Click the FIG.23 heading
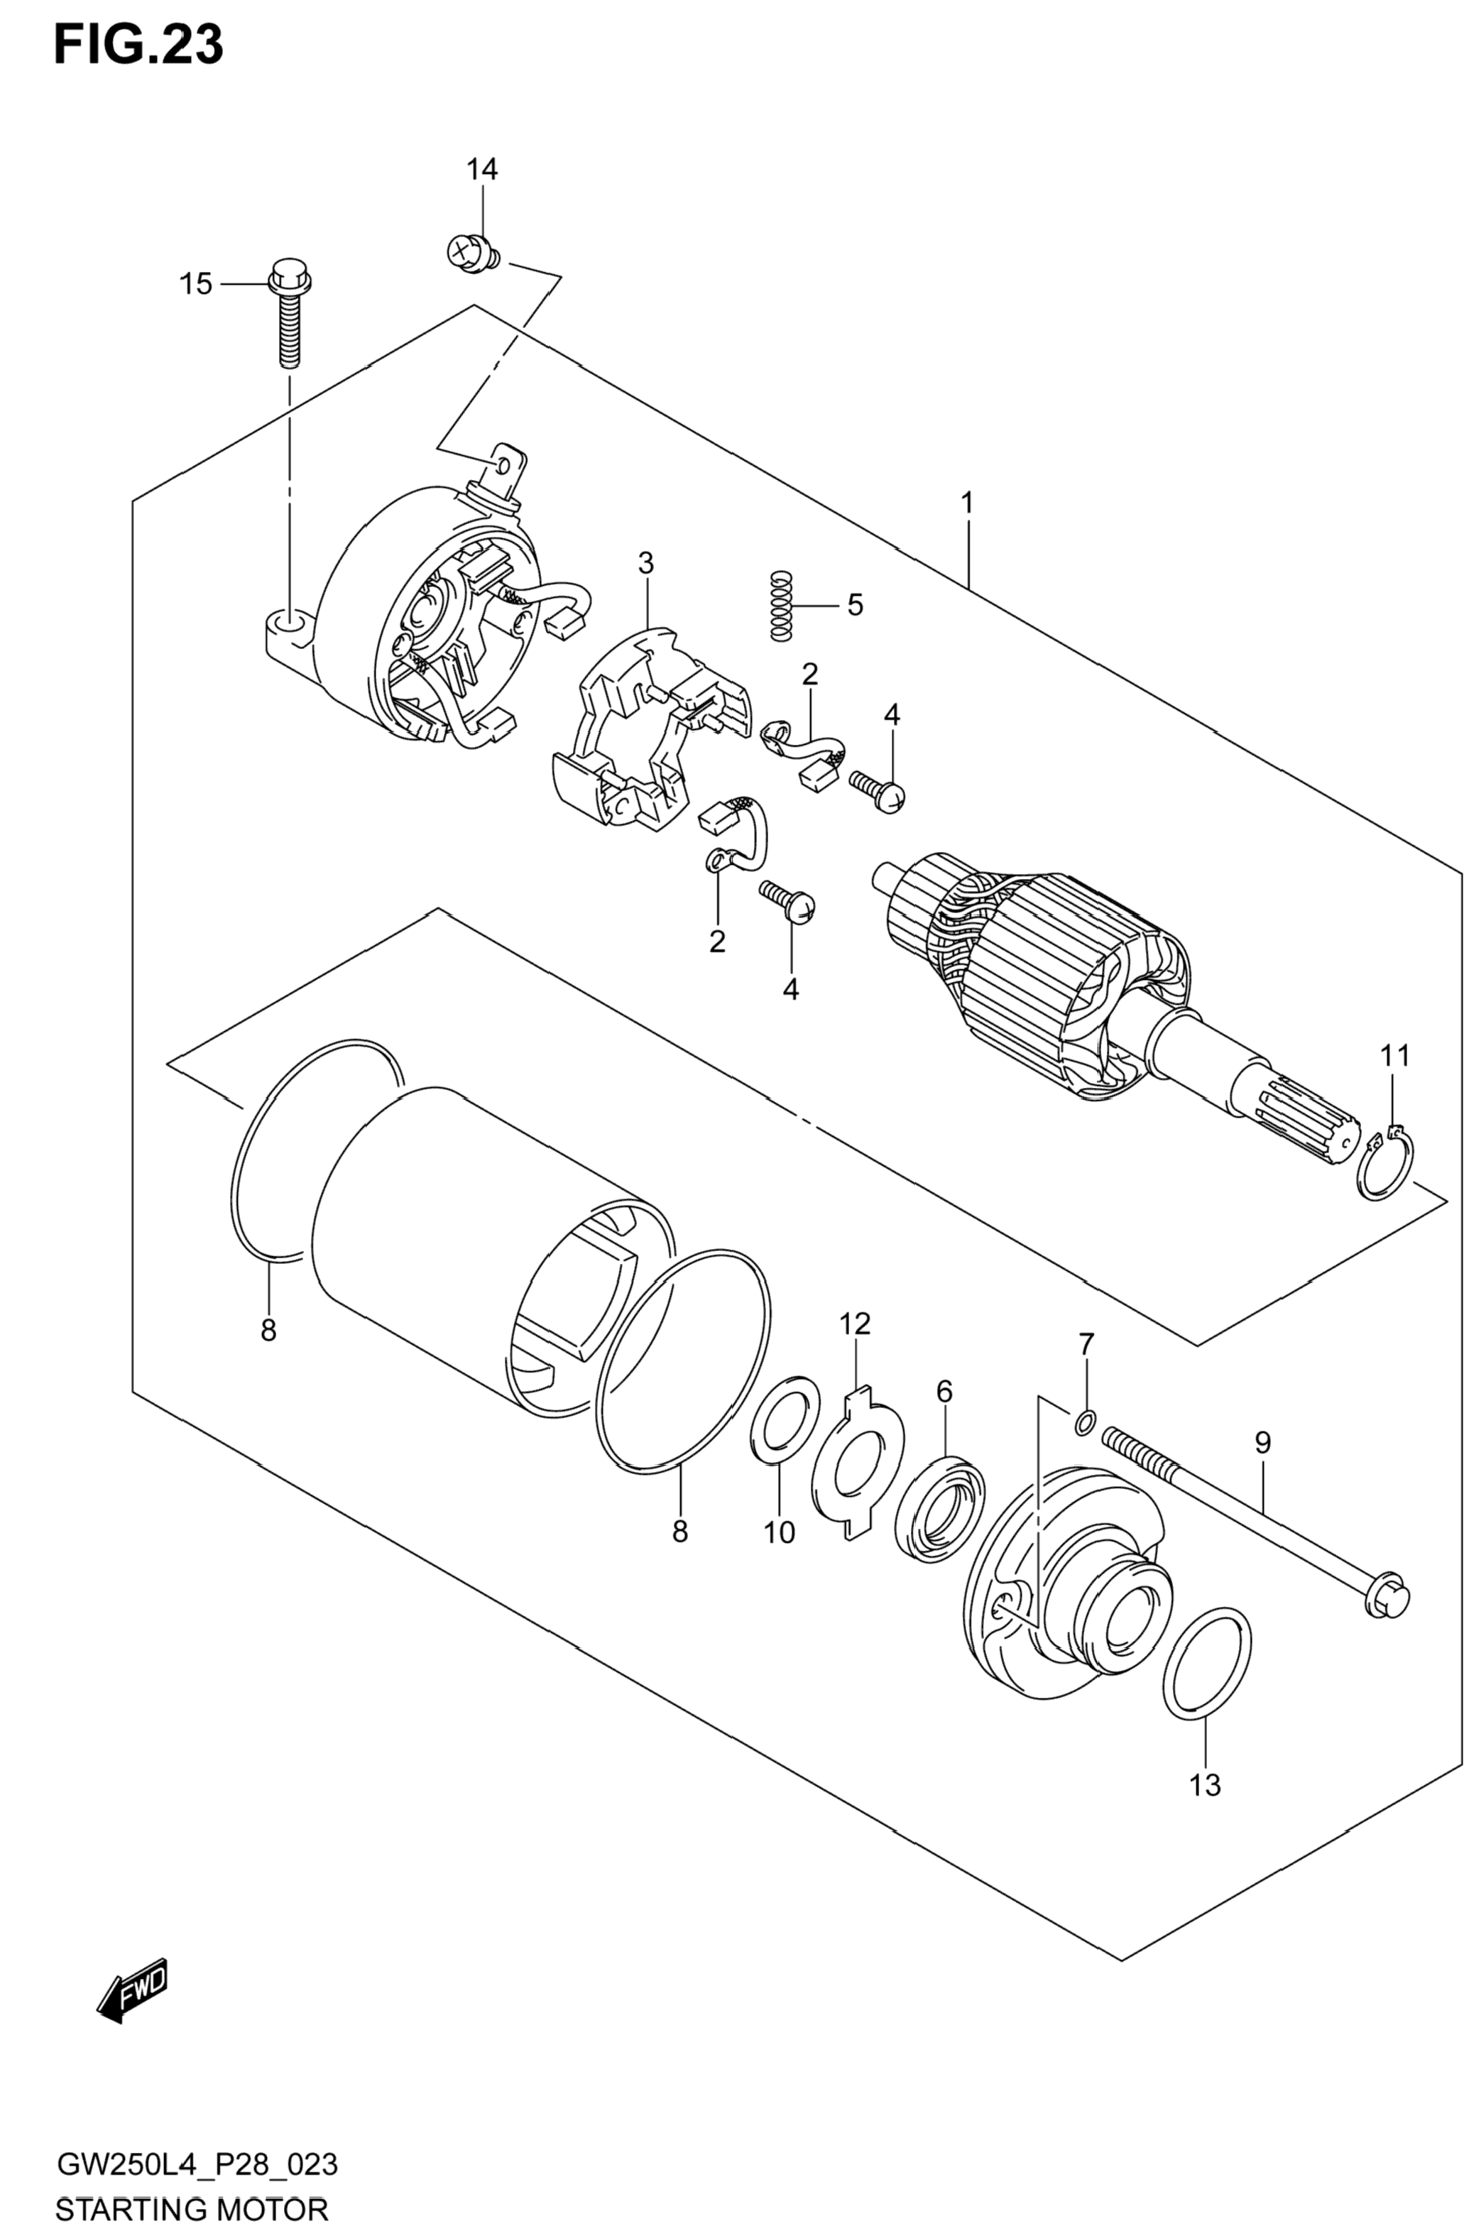click(138, 44)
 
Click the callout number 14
click(482, 170)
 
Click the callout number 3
click(646, 563)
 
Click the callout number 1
click(967, 503)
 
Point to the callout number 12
click(855, 1324)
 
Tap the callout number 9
click(1262, 1444)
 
